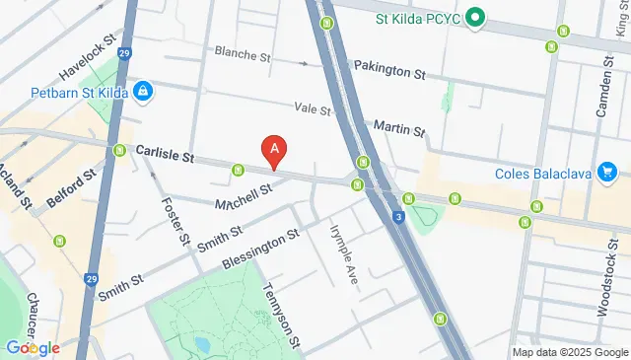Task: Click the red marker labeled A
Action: point(275,151)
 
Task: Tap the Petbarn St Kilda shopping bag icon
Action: point(144,91)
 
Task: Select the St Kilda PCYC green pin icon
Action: point(474,17)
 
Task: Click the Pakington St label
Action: point(391,73)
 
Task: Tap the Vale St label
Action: point(312,108)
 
